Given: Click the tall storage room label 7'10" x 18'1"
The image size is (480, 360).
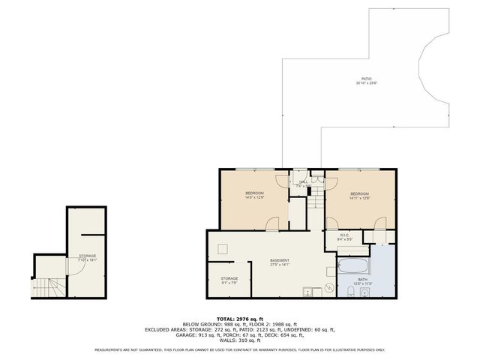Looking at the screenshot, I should click(x=88, y=258).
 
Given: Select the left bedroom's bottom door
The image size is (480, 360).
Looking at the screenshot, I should click(x=274, y=223).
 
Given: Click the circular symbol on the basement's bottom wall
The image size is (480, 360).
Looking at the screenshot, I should click(x=328, y=290).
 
